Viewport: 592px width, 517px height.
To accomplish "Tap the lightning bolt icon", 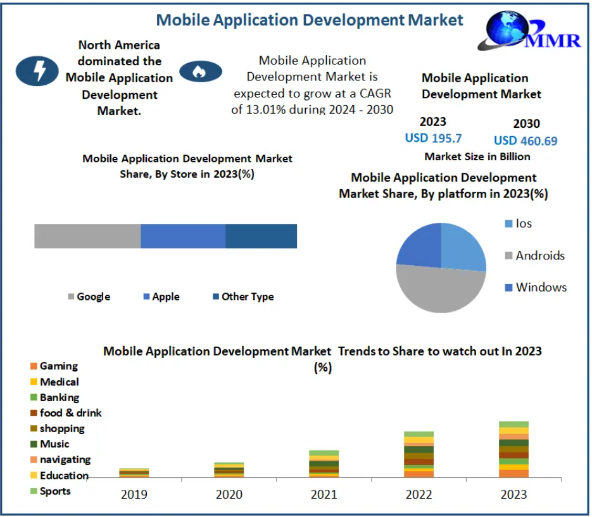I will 39,70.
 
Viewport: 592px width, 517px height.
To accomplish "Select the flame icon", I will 200,72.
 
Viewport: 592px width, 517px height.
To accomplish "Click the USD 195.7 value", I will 433,138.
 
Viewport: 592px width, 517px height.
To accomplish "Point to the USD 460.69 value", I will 526,140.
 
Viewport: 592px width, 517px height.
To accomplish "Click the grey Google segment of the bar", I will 87,236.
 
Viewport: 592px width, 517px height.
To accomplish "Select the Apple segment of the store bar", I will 183,236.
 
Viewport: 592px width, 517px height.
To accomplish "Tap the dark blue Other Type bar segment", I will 261,236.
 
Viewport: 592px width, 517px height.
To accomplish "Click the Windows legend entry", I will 536,287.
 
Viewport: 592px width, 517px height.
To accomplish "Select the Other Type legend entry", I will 243,296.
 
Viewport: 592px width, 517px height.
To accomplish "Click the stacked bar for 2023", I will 513,449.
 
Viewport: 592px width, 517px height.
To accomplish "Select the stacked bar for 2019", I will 134,473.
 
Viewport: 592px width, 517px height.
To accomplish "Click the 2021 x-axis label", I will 324,494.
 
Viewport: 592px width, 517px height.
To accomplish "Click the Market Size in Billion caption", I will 477,156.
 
